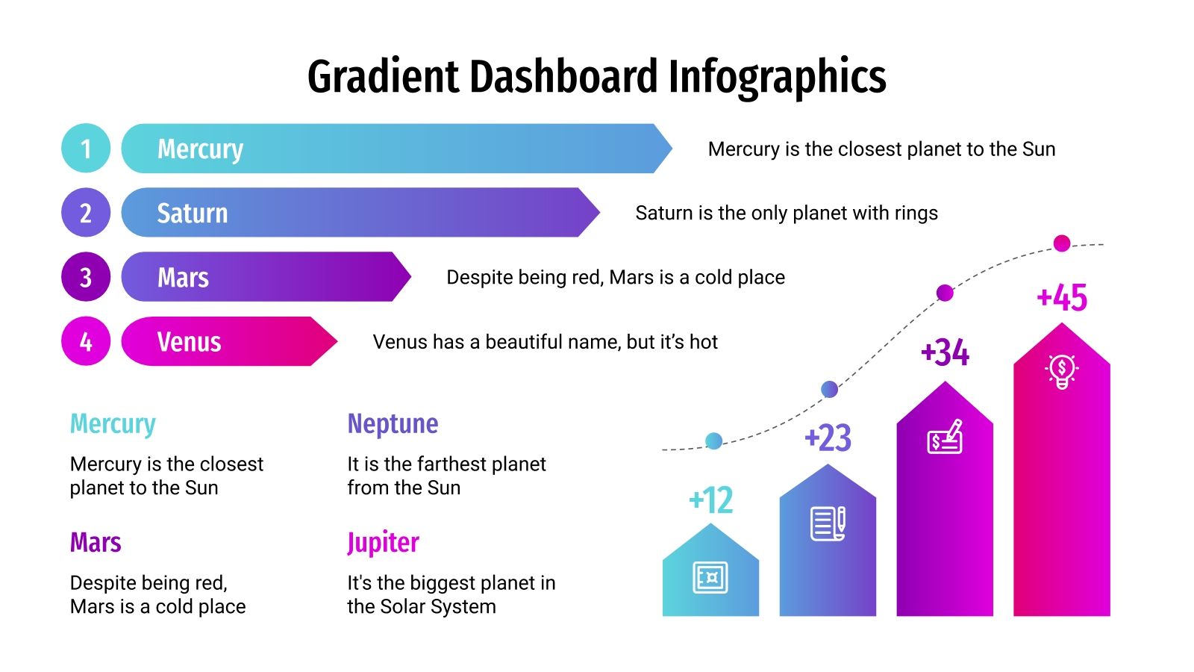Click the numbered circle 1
click(x=86, y=149)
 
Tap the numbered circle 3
click(x=86, y=277)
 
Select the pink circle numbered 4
click(x=86, y=341)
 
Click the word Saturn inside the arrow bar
click(x=192, y=214)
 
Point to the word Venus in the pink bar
click(x=189, y=342)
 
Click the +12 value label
click(x=710, y=500)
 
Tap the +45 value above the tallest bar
click(x=1062, y=298)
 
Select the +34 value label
click(x=945, y=353)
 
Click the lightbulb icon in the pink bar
click(x=1061, y=370)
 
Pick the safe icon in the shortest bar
click(x=710, y=577)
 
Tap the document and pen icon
click(x=828, y=523)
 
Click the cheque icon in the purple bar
click(x=945, y=438)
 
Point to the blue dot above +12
click(x=713, y=441)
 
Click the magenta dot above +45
click(x=1061, y=243)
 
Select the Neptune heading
click(x=393, y=424)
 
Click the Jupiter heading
click(x=383, y=543)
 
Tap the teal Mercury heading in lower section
click(x=113, y=424)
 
